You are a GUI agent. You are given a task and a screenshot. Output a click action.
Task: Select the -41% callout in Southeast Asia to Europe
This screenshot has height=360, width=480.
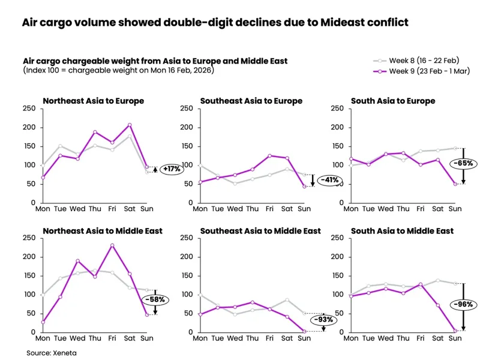[329, 180]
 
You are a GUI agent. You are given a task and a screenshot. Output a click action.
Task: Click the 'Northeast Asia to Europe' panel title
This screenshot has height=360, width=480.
[93, 101]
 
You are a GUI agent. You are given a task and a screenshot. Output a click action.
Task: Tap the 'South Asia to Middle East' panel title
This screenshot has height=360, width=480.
[402, 231]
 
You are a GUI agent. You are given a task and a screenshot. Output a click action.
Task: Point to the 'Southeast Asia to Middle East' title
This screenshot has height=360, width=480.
[260, 231]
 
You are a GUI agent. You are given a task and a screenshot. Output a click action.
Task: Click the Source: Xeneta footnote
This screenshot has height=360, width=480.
[52, 353]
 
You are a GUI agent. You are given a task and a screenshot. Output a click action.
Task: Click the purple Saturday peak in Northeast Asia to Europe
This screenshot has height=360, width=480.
[130, 125]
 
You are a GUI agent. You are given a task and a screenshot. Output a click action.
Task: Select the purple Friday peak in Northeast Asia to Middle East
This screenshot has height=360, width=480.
[112, 245]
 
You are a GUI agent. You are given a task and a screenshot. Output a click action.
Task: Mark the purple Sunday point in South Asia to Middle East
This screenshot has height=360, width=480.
[455, 331]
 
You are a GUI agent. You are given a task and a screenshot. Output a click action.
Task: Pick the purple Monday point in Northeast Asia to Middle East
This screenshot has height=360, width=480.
[43, 322]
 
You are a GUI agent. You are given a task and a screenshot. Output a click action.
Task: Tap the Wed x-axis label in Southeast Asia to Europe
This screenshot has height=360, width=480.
[235, 209]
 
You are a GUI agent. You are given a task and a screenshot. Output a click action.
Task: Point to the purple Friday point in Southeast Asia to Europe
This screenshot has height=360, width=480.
[270, 155]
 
